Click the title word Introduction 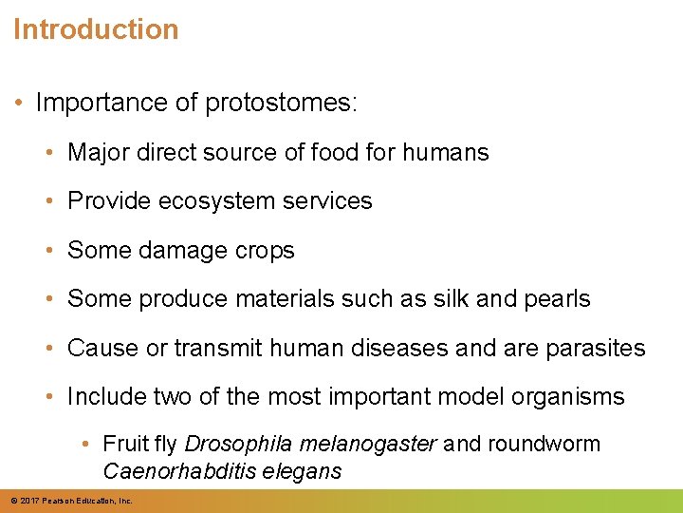click(x=96, y=29)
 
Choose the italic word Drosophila click(x=239, y=445)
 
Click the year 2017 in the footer click(x=30, y=501)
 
